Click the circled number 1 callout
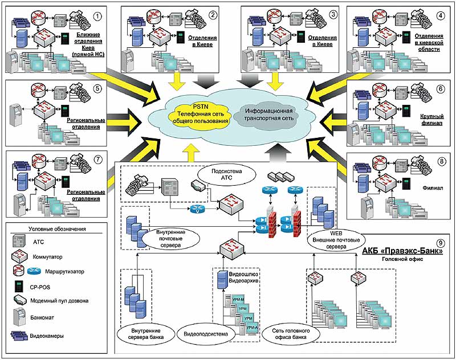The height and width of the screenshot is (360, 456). pyautogui.click(x=97, y=15)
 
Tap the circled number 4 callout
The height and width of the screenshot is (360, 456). pyautogui.click(x=440, y=15)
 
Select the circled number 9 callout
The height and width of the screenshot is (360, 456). pyautogui.click(x=441, y=240)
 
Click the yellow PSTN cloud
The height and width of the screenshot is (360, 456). pyautogui.click(x=195, y=112)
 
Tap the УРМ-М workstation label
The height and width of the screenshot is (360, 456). pyautogui.click(x=239, y=298)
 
